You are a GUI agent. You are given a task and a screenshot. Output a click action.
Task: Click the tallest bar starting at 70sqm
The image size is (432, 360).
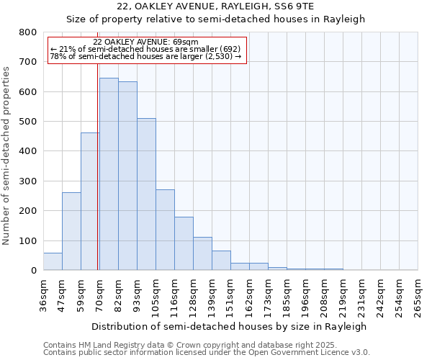[x=109, y=174]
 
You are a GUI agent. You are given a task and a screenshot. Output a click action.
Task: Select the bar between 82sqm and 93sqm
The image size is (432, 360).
[x=127, y=176]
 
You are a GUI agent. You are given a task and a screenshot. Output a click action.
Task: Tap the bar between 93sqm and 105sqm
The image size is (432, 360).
[x=146, y=194]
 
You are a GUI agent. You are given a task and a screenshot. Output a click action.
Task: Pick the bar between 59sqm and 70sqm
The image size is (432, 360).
[x=90, y=202]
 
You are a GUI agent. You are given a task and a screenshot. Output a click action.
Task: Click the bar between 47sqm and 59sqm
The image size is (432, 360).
[x=71, y=231]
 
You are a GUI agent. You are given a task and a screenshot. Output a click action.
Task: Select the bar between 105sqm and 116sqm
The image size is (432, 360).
[x=165, y=230]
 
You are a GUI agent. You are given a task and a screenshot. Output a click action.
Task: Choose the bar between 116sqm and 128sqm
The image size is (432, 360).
[x=184, y=243]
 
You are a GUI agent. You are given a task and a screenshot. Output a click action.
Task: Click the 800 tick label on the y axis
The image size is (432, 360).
[x=27, y=32]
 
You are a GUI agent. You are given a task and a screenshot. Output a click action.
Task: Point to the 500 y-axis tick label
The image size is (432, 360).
[x=27, y=122]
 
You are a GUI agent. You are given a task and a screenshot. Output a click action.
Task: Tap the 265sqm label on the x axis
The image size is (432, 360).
[x=418, y=295]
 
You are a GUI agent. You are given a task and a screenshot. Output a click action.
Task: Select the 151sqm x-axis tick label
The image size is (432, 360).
[x=230, y=295]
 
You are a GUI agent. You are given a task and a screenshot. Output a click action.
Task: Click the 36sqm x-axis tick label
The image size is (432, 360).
[x=43, y=295]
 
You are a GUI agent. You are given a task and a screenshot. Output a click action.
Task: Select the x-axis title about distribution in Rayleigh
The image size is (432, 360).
[x=230, y=326]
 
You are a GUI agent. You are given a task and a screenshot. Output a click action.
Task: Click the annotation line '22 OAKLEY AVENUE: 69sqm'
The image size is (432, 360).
[x=145, y=42]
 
